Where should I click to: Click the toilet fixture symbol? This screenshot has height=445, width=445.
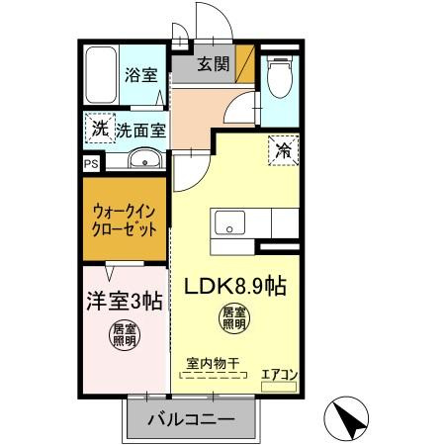pos(280,76)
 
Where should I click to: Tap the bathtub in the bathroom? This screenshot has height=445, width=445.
pos(101,75)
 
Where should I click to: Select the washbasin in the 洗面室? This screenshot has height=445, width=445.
pos(144,159)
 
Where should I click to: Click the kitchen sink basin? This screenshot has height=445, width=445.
pos(229,222)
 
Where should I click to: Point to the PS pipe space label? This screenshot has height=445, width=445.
pos(91,164)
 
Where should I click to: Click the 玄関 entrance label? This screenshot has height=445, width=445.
pos(214,63)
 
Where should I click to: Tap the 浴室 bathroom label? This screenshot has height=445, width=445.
pos(141,75)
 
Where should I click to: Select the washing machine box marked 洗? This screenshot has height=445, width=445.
pos(100,128)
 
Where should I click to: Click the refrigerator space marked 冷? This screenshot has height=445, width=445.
pos(284,150)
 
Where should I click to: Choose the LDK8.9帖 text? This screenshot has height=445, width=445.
pos(235,286)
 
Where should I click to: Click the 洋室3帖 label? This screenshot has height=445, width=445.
pos(125,301)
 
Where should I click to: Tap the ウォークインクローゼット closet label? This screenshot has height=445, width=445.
pos(125,221)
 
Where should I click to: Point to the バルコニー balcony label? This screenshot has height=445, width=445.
pos(191,419)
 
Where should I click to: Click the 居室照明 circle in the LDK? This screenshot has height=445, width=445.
pos(234,318)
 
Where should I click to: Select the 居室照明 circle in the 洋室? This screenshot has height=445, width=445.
pos(125,335)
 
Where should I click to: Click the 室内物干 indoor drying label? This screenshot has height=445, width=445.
pos(213,364)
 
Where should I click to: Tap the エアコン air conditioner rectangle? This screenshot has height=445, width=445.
pos(279,387)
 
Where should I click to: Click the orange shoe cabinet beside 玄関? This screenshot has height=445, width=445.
pos(245,64)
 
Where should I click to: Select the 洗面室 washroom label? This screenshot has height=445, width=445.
pos(140,131)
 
